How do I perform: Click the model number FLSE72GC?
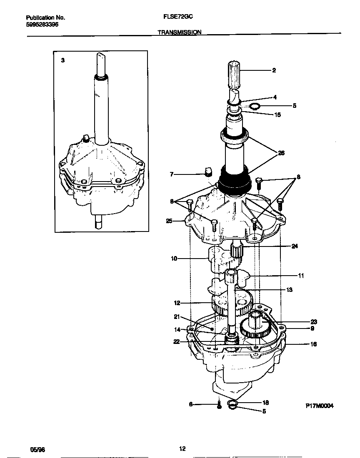click(177, 18)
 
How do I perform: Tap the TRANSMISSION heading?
click(180, 32)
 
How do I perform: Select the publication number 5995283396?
click(42, 25)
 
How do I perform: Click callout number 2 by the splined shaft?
click(274, 70)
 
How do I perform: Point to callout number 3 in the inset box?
click(63, 60)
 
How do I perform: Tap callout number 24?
click(295, 246)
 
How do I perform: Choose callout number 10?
click(174, 259)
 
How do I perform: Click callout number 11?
click(301, 276)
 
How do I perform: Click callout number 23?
click(313, 321)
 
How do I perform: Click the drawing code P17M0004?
click(320, 406)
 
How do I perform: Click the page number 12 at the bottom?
click(182, 449)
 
